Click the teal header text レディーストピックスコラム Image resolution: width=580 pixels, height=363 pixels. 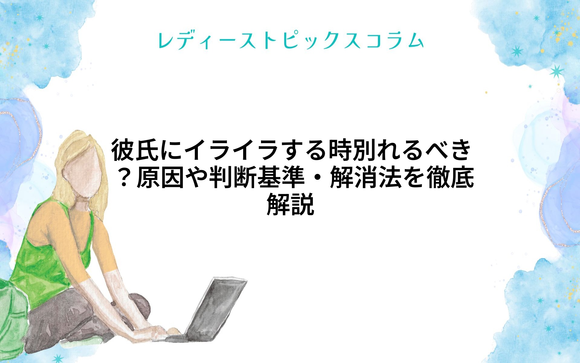pos(291,41)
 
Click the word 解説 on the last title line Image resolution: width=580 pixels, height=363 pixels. pos(290,205)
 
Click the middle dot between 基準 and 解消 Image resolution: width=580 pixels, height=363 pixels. pos(317,178)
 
